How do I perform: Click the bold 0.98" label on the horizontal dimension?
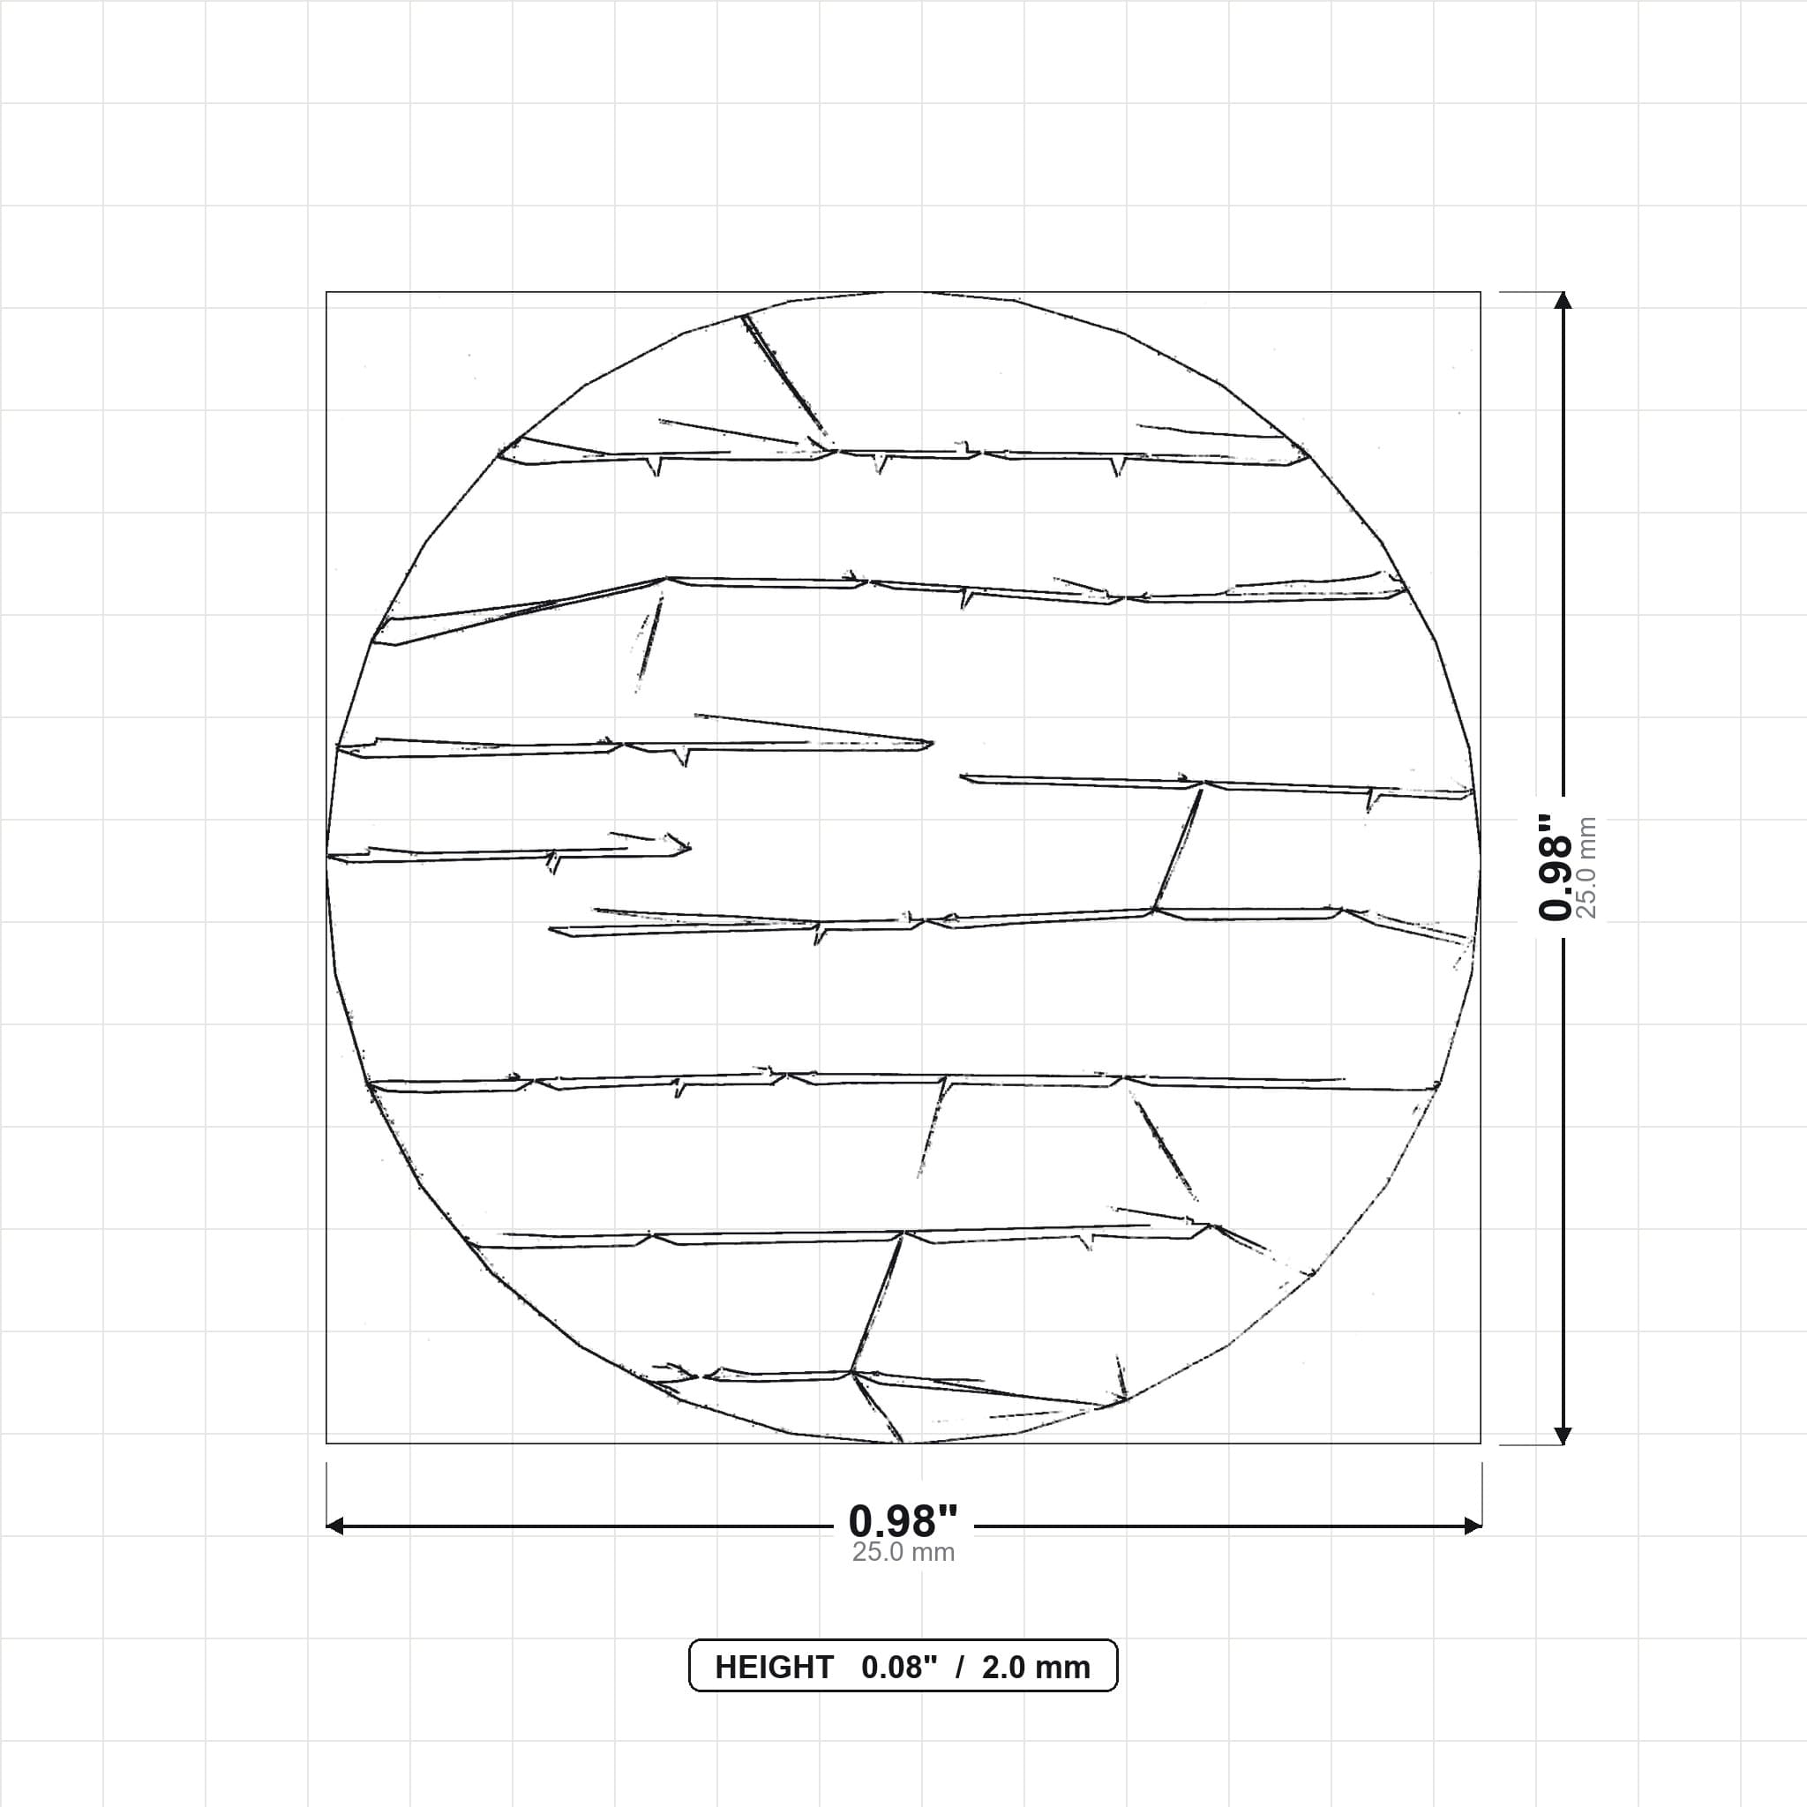pos(903,1522)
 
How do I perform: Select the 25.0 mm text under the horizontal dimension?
pos(903,1553)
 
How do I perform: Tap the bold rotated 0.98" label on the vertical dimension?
pos(1556,867)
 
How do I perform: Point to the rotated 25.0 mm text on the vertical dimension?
pos(1586,867)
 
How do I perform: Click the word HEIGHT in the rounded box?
pos(774,1668)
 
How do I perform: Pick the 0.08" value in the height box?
pos(899,1668)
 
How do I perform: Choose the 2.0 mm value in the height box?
pos(1035,1668)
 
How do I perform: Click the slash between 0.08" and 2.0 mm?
pos(960,1668)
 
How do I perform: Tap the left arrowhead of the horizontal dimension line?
pos(334,1526)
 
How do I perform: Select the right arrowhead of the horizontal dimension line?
pos(1473,1526)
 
